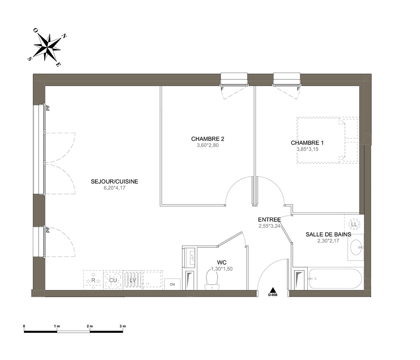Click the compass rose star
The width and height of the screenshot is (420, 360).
[x=47, y=47]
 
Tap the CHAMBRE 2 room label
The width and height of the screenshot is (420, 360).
[x=207, y=139]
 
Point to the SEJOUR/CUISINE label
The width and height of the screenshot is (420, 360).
[x=114, y=181]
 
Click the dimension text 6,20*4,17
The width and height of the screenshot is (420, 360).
[x=115, y=188]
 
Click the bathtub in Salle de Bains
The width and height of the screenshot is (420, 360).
[x=335, y=279]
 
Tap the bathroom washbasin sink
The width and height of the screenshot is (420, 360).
[x=356, y=247]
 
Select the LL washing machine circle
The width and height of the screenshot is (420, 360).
[x=354, y=224]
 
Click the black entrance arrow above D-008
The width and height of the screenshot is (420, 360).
[x=273, y=290]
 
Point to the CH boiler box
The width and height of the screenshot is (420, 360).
[x=172, y=284]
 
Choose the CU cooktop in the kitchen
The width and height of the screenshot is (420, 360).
[x=113, y=280]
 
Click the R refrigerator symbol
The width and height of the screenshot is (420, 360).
[x=93, y=280]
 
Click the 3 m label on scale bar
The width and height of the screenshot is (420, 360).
[x=123, y=326]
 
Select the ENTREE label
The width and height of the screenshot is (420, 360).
[x=270, y=220]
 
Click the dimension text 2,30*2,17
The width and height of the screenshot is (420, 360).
[x=328, y=241]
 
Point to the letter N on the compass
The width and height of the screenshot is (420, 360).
[x=64, y=36]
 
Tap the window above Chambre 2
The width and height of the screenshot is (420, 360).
[x=234, y=79]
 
